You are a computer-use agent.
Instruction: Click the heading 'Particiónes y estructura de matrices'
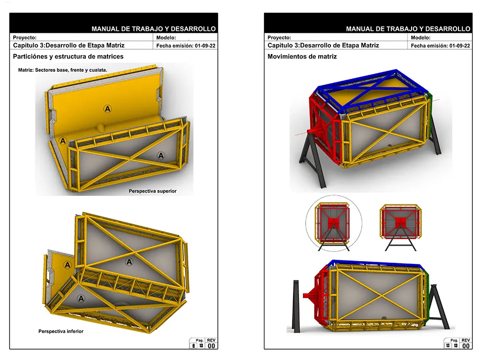68,57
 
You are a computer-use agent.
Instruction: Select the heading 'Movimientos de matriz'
302,57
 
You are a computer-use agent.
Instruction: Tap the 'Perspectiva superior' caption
152,191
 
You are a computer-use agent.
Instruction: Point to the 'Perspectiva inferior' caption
61,331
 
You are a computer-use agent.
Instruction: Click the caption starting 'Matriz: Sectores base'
62,70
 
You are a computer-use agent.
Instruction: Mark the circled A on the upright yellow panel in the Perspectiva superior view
107,109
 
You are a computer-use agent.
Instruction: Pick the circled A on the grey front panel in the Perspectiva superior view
161,156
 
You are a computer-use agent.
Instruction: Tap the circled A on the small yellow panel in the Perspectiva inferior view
67,265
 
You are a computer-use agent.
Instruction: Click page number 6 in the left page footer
194,345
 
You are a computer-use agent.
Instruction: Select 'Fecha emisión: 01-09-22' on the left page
186,45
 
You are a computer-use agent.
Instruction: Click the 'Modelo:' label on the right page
420,37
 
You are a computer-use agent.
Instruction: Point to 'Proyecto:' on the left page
24,37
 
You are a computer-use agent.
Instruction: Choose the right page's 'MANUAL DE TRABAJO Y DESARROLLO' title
408,29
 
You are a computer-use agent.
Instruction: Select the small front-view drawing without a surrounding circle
400,228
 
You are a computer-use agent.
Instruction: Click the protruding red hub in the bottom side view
310,295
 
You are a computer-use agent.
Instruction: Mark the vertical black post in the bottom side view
296,306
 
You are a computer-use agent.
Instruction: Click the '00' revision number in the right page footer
465,346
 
